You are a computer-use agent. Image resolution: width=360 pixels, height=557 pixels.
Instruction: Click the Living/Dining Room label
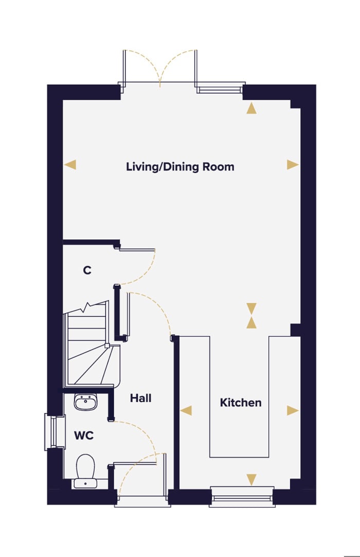180,167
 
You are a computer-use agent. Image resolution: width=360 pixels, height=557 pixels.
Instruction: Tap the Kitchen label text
241,403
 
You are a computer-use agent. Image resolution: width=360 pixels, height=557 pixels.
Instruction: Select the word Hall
140,398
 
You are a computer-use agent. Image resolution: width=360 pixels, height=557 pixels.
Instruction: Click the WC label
83,436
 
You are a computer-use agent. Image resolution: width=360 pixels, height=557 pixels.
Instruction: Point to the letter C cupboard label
87,270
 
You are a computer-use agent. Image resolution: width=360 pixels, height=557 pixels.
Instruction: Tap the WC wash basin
85,402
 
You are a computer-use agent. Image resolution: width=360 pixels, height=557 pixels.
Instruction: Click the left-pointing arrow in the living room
70,165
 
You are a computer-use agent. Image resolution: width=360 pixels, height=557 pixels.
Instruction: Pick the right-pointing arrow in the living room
293,165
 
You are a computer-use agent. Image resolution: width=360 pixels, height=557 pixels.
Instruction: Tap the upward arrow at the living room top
251,108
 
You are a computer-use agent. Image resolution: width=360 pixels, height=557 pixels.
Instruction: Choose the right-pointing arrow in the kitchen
293,410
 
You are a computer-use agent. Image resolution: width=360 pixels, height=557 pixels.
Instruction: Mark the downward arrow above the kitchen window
251,480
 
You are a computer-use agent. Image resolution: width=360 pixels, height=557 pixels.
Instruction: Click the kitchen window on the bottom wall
242,497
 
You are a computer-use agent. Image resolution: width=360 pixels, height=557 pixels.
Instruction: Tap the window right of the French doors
220,89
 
